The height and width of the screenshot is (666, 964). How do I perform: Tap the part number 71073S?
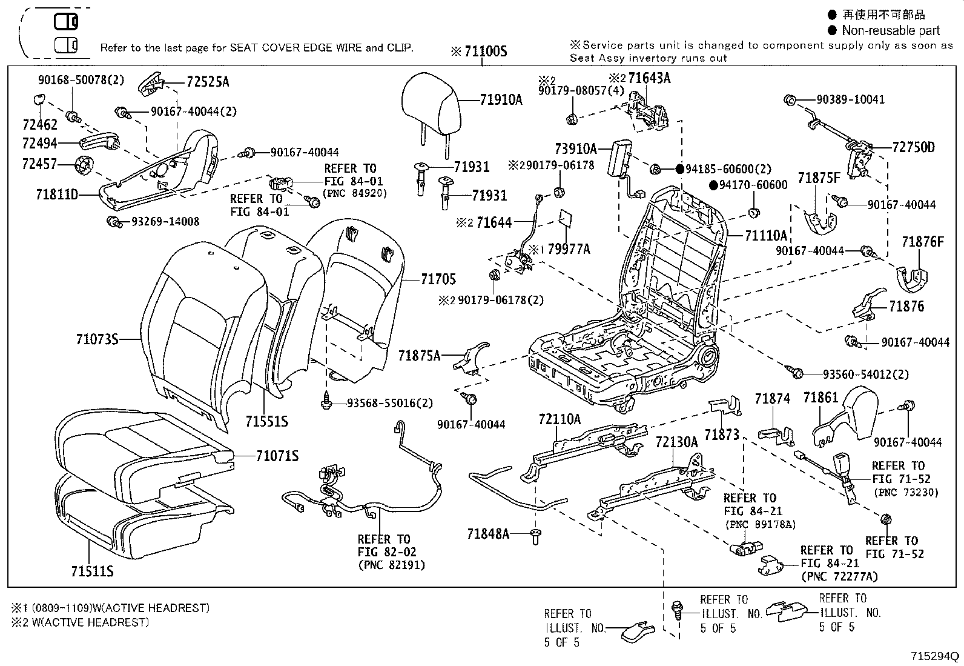click(97, 339)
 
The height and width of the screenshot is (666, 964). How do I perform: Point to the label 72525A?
click(208, 82)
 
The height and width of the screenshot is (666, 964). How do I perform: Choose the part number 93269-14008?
click(165, 222)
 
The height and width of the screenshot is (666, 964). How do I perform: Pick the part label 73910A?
click(575, 148)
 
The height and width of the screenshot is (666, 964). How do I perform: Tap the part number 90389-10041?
click(850, 99)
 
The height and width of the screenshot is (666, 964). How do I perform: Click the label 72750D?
click(913, 147)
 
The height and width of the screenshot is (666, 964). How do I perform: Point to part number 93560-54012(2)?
click(865, 375)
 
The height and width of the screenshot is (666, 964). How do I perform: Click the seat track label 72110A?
click(560, 419)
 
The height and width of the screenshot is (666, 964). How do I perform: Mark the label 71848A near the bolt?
click(488, 534)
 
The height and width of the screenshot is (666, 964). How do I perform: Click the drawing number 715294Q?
click(936, 656)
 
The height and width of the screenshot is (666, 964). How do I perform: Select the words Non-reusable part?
click(891, 30)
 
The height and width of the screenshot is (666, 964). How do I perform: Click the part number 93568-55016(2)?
click(390, 403)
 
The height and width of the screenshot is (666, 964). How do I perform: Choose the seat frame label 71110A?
click(765, 236)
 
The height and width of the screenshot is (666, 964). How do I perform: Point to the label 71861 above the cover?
click(820, 398)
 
